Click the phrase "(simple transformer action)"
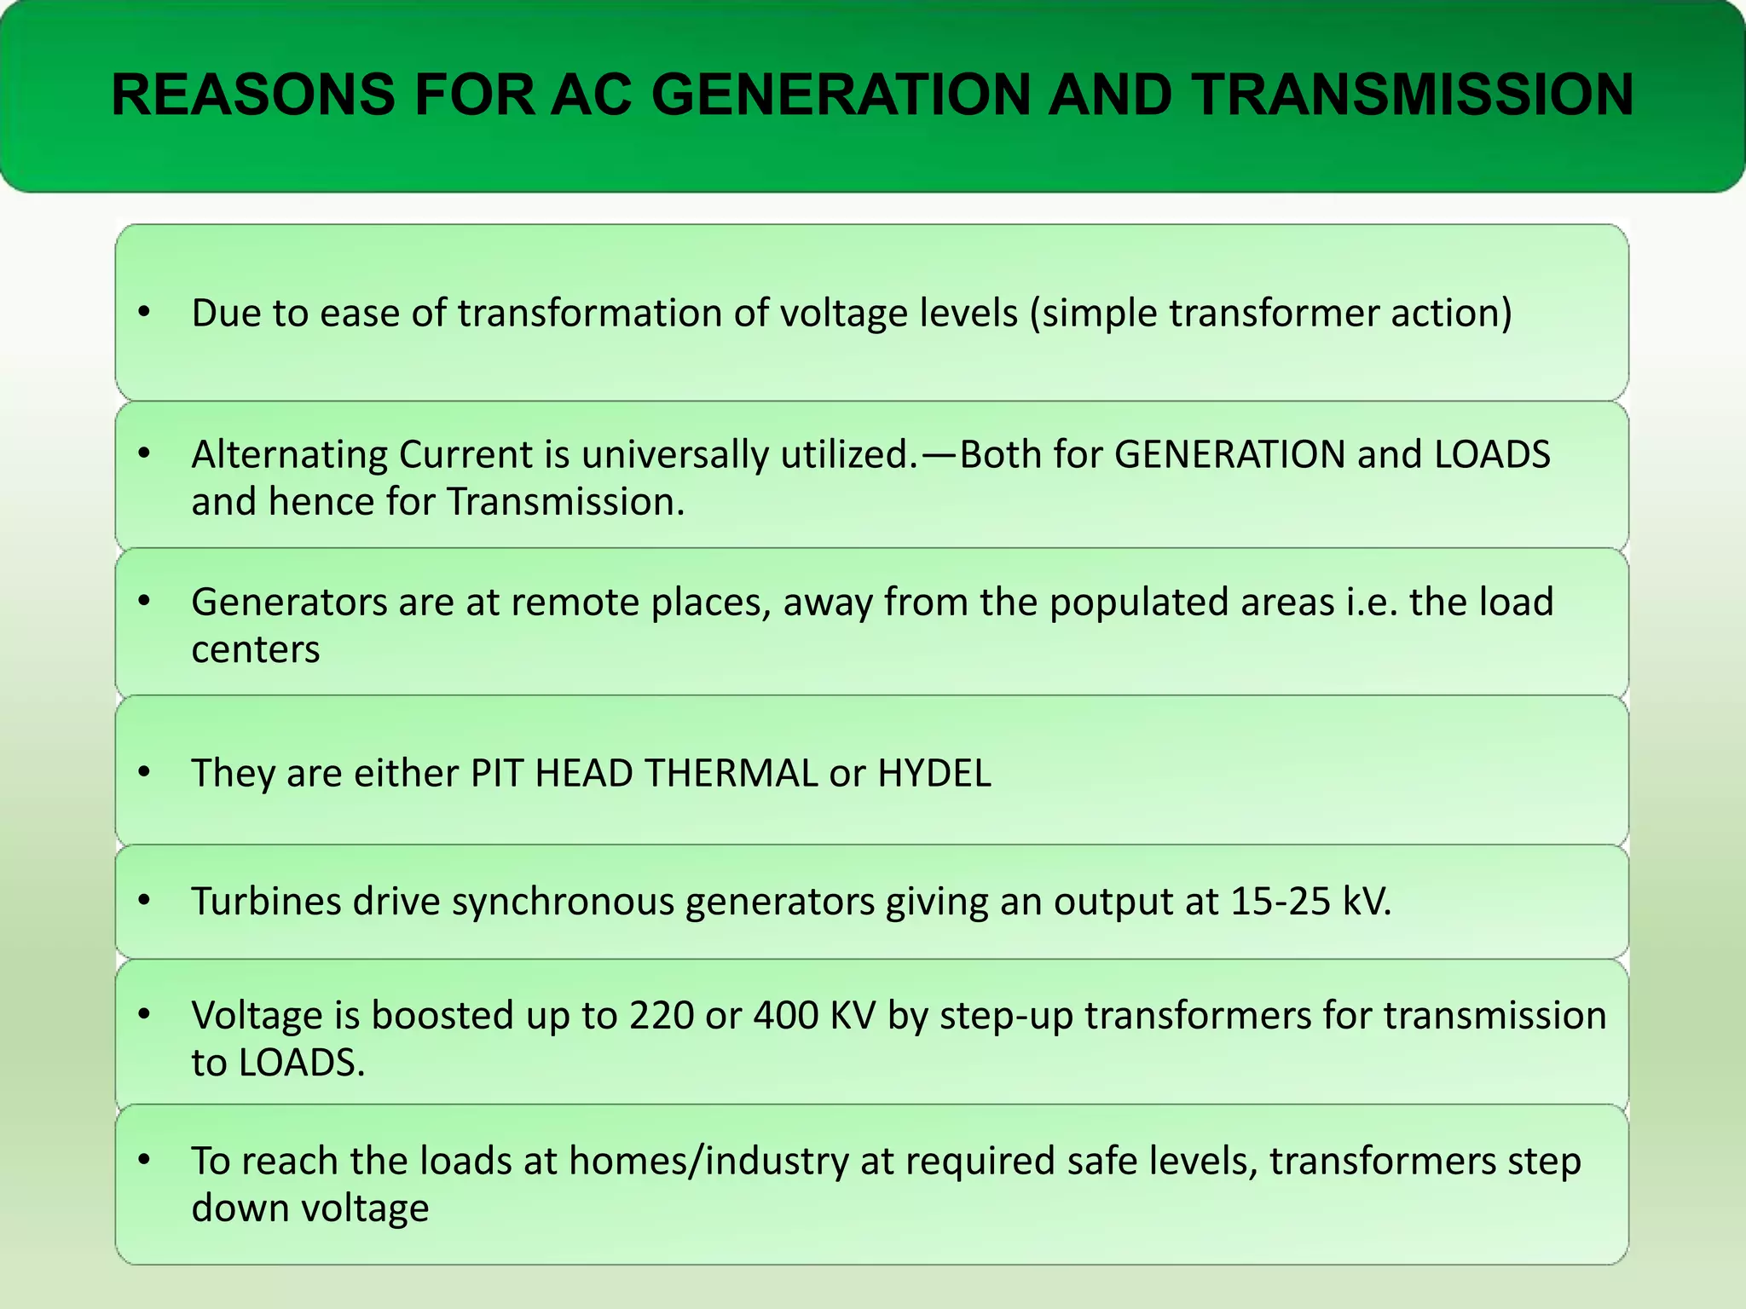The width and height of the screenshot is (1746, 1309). (1270, 314)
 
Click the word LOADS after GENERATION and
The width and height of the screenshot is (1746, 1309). (1492, 455)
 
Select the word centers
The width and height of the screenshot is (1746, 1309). (255, 650)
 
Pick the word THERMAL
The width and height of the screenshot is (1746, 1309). (731, 774)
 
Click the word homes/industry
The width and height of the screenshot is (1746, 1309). (708, 1162)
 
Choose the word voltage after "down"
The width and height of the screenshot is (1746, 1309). (376, 1209)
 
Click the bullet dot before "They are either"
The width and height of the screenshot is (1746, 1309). (144, 773)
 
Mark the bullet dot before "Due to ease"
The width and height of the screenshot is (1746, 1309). (144, 313)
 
